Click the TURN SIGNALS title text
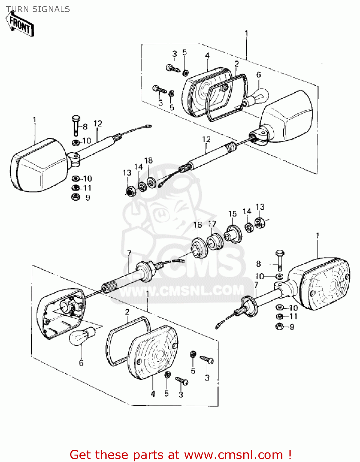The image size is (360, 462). [x=38, y=9]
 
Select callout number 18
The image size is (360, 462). [x=148, y=160]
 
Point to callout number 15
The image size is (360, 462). [x=233, y=214]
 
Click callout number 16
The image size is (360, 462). [x=198, y=225]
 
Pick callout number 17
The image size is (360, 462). [x=212, y=224]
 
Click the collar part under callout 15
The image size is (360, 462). [x=233, y=235]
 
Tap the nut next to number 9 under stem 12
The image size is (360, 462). [x=75, y=197]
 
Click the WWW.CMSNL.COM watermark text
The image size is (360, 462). [x=182, y=290]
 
